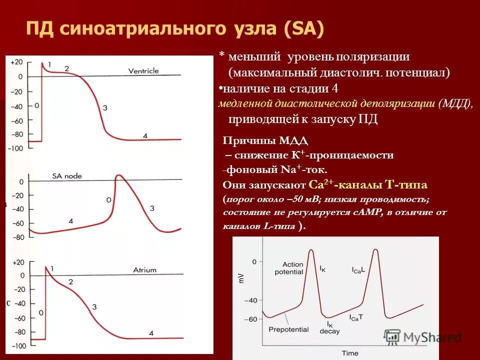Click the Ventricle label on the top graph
click(143, 71)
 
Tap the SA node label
click(66, 176)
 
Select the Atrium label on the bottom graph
click(144, 270)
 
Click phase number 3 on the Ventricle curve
click(105, 107)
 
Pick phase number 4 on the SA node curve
click(70, 220)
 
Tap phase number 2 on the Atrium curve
click(70, 282)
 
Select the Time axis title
click(350, 353)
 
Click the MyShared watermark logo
click(422, 337)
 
